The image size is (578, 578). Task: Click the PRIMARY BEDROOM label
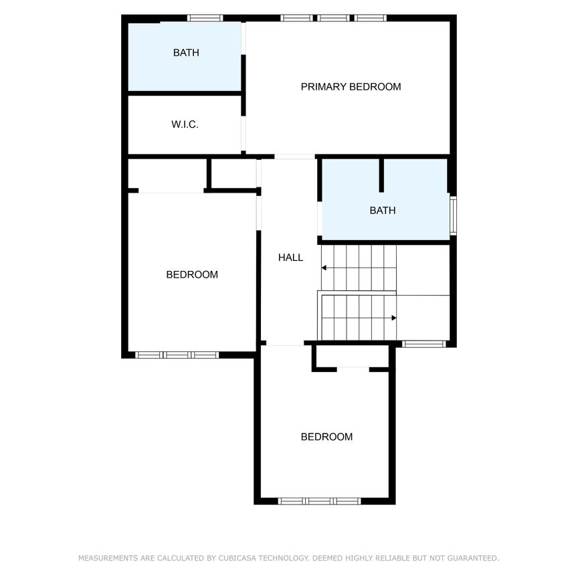coord(351,86)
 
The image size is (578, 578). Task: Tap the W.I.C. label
coord(185,124)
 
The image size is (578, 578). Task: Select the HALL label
coord(290,257)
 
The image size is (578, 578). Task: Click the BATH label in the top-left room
coord(186,52)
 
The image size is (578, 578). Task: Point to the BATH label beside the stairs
coord(383,210)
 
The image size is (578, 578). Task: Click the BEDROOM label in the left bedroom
coord(192,274)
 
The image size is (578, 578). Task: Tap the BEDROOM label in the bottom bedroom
coord(326,437)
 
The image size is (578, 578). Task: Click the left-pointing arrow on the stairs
coord(324,268)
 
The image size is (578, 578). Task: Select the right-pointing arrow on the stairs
coord(394,318)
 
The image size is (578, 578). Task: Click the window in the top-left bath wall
coord(205,18)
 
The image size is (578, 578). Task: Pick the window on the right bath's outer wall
coord(453,214)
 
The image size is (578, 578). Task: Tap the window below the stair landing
coord(423,344)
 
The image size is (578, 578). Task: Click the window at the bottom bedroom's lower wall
coord(320,500)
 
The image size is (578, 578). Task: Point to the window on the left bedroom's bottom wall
coord(177,355)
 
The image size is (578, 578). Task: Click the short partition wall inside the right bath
coord(381,175)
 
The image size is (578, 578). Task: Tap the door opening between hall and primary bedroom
coord(294,157)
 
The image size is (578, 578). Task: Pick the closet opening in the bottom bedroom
coord(353,368)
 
